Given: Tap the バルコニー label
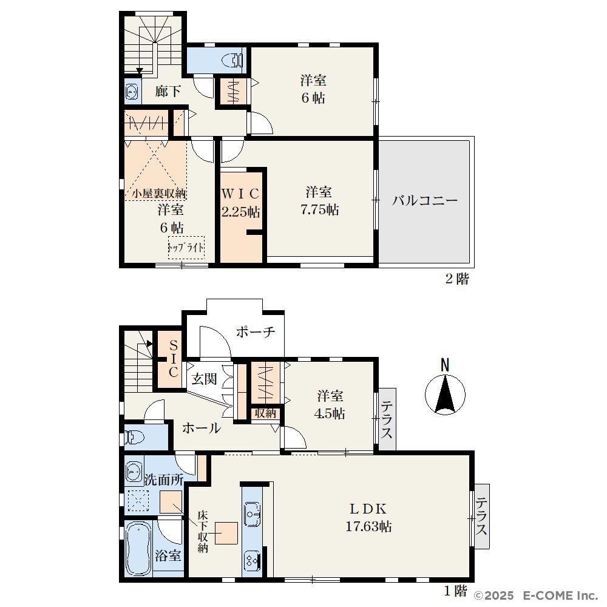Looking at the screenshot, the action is (x=425, y=200).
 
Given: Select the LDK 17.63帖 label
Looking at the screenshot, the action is (x=368, y=517).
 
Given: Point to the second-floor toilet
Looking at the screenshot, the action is (x=232, y=60).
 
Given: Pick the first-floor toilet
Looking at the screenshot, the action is (x=134, y=437).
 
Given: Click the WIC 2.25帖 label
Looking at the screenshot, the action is (x=240, y=203).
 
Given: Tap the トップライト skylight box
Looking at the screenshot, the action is (x=186, y=248).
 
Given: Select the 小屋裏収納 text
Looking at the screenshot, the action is (x=159, y=193).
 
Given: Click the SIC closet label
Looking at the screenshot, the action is (x=174, y=358).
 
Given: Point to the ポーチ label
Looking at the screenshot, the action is (x=256, y=332).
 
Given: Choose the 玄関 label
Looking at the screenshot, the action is (x=204, y=379).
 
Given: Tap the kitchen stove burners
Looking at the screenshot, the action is (x=253, y=560).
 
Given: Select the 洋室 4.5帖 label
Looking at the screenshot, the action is (x=330, y=404).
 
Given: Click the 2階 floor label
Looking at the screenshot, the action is (x=457, y=279).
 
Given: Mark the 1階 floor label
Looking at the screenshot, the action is (x=455, y=591).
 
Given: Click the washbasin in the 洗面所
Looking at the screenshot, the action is (x=134, y=472).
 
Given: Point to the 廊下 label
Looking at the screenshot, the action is (x=168, y=92).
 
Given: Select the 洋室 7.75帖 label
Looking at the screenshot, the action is (x=319, y=201).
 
